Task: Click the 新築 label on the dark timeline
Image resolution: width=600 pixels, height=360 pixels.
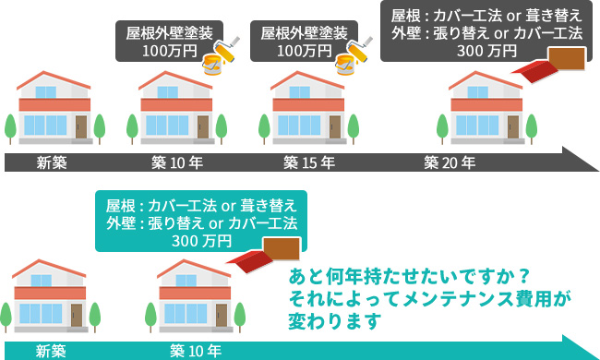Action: [52, 163]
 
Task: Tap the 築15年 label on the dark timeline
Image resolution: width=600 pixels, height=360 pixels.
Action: [307, 163]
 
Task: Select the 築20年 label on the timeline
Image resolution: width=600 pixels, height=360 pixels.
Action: [450, 163]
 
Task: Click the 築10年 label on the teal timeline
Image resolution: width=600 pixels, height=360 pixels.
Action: [196, 351]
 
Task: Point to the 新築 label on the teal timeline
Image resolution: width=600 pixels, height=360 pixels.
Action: [52, 351]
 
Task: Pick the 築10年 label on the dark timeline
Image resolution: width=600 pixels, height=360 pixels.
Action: [177, 163]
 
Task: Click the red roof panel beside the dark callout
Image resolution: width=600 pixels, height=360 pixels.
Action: [553, 63]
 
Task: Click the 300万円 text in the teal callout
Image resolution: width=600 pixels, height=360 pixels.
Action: [201, 241]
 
